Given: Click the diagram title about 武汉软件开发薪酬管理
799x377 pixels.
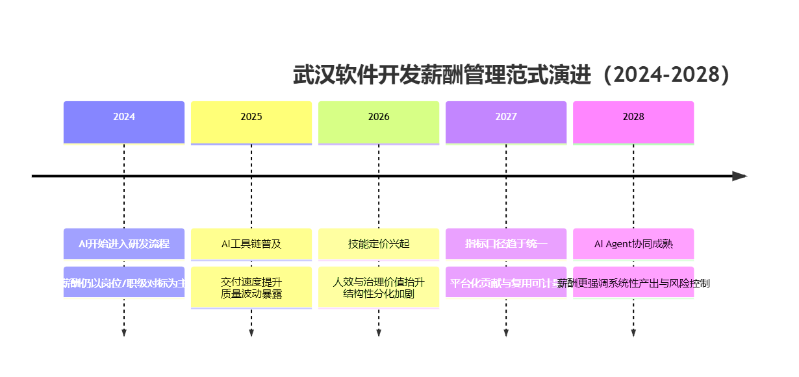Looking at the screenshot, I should [512, 75].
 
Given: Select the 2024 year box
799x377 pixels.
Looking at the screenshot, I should [124, 122].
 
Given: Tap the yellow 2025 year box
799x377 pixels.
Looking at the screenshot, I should [251, 122].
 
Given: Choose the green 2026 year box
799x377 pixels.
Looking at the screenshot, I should [379, 122].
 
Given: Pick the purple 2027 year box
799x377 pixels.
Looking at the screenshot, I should [506, 122].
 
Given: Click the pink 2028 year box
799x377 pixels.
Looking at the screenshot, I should [633, 122].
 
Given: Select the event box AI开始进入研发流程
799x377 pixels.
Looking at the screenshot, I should [124, 244].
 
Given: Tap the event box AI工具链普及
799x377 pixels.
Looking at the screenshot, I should [251, 244].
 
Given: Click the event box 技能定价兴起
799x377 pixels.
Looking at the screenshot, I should [379, 244].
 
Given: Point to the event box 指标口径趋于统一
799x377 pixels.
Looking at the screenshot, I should [506, 244].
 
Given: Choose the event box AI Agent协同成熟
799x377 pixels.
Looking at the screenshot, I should [633, 244].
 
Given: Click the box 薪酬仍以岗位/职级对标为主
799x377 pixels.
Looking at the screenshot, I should [124, 282].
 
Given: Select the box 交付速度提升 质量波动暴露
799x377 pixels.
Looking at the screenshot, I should [251, 287].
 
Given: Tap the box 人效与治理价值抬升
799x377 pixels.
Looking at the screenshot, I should [379, 287].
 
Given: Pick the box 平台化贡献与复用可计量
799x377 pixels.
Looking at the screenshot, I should [506, 282].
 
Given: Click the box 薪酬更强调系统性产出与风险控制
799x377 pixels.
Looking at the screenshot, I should [633, 282].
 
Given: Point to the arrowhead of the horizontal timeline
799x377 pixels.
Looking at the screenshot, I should [740, 176].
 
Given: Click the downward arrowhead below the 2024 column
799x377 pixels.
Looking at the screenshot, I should [124, 333].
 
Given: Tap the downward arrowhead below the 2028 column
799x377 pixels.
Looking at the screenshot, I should [633, 333].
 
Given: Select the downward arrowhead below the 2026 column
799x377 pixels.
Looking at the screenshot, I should [379, 333].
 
